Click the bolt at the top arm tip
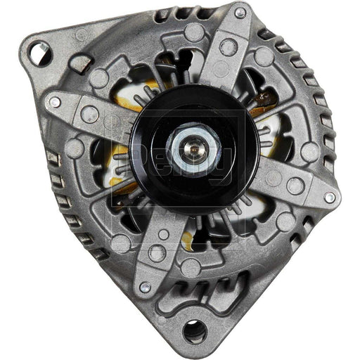tap(240, 13)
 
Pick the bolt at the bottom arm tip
tap(146, 287)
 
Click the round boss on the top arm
tap(228, 47)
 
